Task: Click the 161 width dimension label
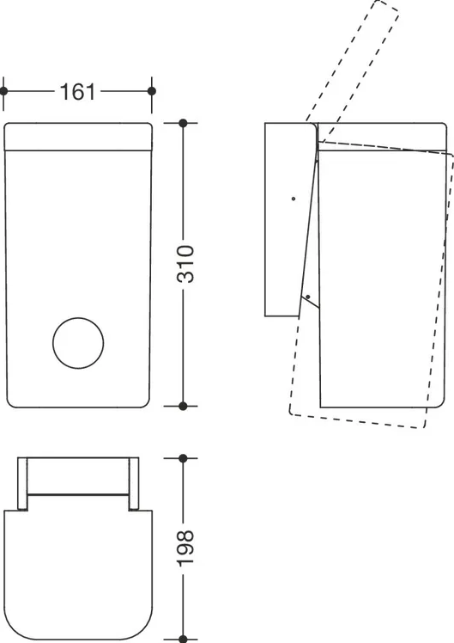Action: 77,91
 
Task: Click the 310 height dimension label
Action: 185,264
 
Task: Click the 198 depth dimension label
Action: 185,548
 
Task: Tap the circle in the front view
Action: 78,343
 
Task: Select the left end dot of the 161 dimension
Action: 3,91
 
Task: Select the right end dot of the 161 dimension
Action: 151,91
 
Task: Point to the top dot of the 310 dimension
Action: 183,123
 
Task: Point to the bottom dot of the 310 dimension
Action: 183,406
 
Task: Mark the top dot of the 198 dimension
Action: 183,458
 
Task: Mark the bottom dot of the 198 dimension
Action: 183,640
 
